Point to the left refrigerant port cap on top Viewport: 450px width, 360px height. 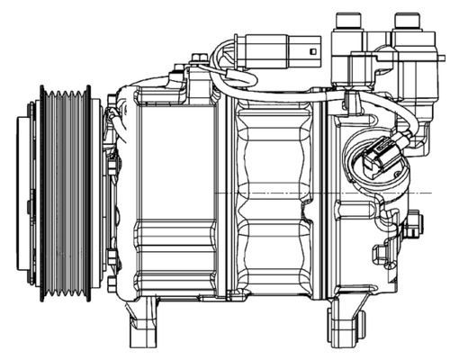(x=346, y=22)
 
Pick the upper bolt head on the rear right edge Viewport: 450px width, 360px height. (x=414, y=224)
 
